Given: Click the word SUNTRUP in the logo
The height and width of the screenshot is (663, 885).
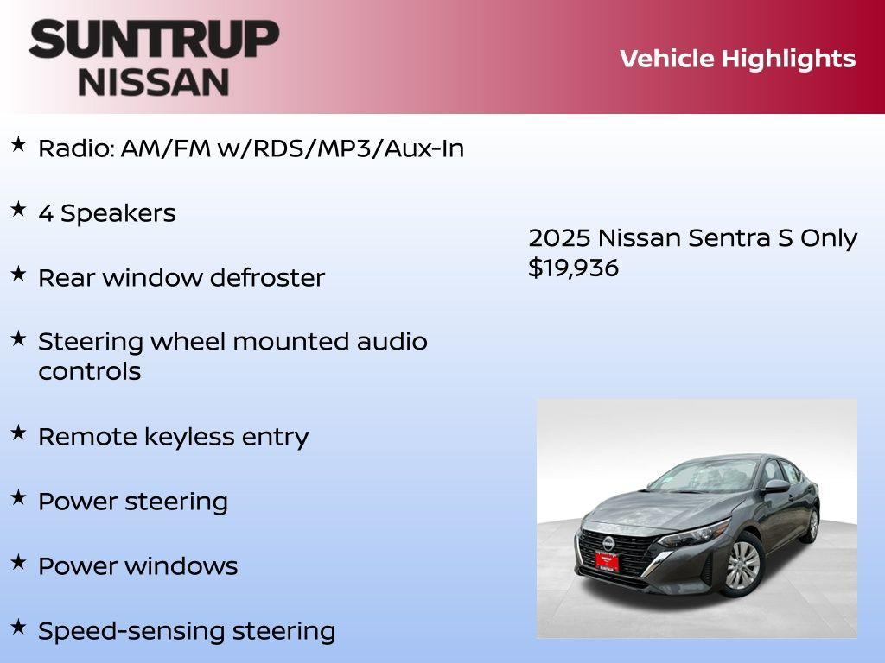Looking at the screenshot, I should tap(154, 40).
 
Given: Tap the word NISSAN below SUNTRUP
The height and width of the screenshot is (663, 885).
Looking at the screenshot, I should tap(154, 82).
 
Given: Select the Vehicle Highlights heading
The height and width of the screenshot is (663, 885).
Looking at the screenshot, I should tap(737, 59).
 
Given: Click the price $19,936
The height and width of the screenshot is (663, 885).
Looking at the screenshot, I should tap(574, 268).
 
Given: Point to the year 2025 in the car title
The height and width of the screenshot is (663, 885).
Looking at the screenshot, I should tap(559, 238).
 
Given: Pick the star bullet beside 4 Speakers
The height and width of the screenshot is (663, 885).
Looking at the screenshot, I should tap(18, 210).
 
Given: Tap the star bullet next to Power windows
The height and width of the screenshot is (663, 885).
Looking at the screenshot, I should tap(18, 563).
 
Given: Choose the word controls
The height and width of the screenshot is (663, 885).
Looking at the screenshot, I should tap(89, 371).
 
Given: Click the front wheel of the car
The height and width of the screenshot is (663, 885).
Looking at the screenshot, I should tap(742, 565).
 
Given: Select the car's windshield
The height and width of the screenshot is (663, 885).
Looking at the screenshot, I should tap(700, 477).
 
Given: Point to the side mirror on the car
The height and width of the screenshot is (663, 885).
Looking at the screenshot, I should tap(776, 487).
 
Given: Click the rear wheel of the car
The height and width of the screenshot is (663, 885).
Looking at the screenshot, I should tap(812, 524).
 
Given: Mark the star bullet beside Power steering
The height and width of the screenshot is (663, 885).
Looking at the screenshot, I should tap(18, 498).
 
